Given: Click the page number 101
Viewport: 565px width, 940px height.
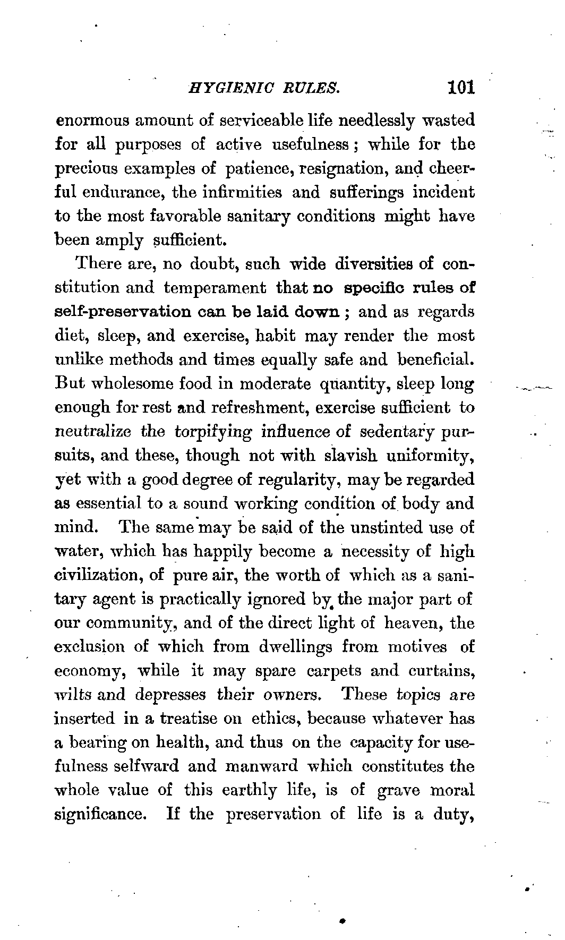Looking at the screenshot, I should click(460, 87).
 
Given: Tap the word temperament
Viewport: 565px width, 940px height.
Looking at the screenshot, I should click(215, 288).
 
